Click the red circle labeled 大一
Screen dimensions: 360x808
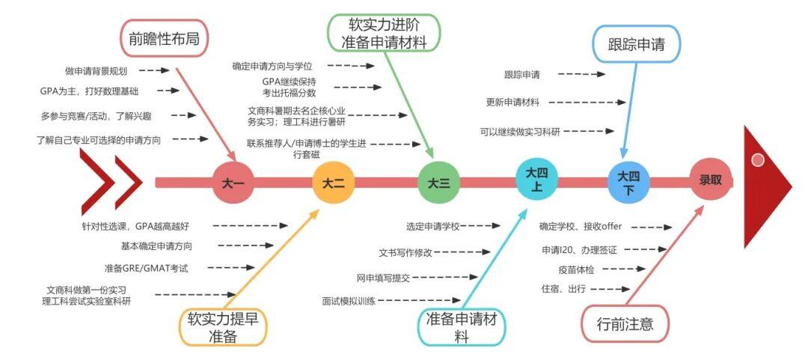(233, 182)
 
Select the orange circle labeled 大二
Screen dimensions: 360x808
(334, 182)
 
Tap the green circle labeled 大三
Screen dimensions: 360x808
(438, 182)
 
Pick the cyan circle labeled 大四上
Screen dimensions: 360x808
(537, 180)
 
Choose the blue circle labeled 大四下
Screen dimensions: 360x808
(628, 182)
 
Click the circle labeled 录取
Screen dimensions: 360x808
(711, 180)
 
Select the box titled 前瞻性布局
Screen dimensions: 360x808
(164, 39)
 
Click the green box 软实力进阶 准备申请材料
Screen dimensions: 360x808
(384, 32)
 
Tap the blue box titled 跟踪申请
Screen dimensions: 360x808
(637, 43)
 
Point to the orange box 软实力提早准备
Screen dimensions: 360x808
(222, 328)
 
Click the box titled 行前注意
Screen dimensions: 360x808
(625, 324)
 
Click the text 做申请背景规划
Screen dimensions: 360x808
(96, 71)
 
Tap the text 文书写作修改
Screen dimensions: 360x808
(405, 252)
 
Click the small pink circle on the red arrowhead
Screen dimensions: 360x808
(758, 159)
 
